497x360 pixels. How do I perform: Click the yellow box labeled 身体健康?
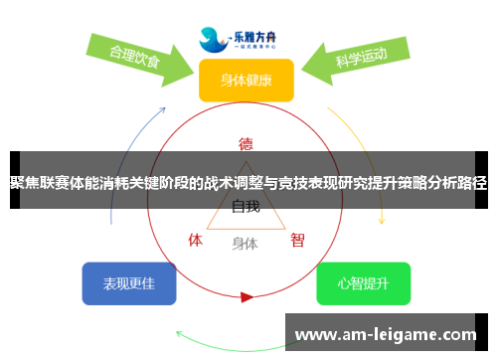click(246, 80)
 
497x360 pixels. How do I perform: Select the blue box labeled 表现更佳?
click(128, 283)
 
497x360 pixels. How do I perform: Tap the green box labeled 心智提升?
click(363, 283)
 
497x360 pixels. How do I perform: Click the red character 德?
click(246, 143)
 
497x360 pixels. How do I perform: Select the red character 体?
click(196, 240)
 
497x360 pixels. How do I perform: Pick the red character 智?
click(297, 240)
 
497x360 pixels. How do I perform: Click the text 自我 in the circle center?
click(246, 207)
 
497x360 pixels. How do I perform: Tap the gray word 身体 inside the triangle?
click(246, 243)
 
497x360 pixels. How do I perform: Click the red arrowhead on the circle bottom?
click(247, 296)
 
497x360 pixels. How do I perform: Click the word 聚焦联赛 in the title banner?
click(39, 183)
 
